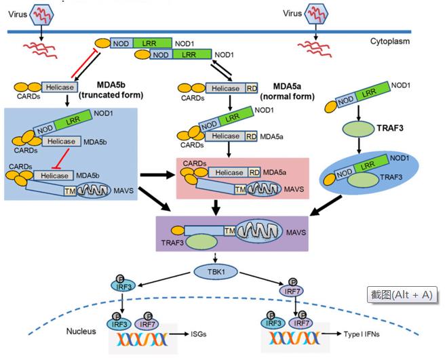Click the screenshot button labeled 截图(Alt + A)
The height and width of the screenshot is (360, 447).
(401, 294)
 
